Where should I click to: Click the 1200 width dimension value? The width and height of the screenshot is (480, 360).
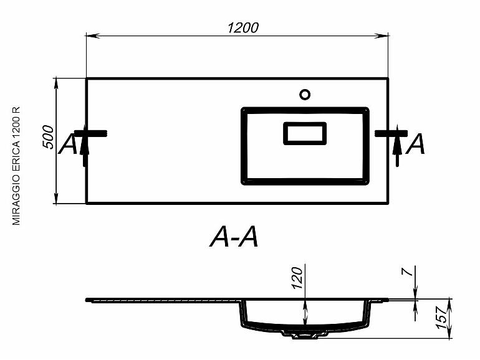coord(243,28)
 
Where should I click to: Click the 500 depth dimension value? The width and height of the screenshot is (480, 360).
coord(48,137)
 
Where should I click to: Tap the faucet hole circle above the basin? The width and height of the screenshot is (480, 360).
coord(305,95)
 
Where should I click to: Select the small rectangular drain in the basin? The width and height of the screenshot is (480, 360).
coord(305,133)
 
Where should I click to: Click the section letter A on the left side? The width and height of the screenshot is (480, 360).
coord(68,144)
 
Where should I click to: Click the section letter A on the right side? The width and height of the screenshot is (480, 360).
coord(415,144)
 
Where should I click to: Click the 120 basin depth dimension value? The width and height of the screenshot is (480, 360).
coord(297,278)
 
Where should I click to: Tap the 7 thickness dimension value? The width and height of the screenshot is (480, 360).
coord(408,272)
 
